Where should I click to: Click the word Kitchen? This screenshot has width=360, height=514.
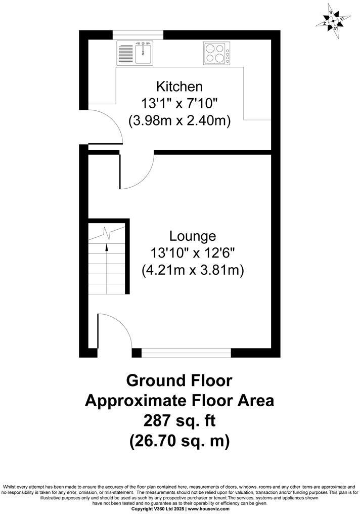179,86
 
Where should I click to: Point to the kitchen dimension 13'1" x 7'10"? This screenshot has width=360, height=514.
179,103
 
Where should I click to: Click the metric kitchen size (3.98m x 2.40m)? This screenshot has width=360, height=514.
179,121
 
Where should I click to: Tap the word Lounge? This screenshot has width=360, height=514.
193,236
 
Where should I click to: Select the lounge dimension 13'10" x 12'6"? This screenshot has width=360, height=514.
193,253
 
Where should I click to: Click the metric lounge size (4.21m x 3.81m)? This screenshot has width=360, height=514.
193,271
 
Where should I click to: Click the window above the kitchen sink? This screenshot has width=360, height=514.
138,34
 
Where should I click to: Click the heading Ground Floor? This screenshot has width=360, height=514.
179,380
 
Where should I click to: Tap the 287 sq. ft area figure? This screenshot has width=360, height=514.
179,420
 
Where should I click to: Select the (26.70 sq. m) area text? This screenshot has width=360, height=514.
179,441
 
